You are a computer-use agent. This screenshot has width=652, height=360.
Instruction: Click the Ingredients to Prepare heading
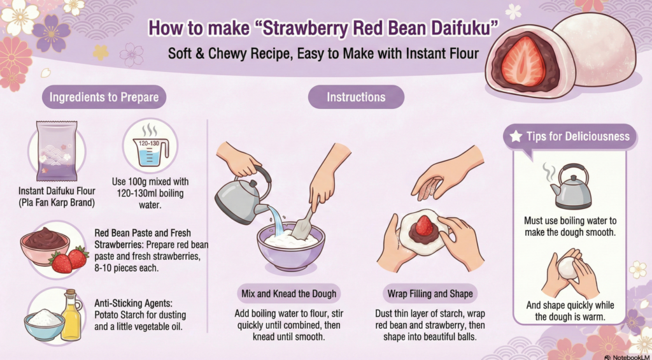pyautogui.click(x=104, y=97)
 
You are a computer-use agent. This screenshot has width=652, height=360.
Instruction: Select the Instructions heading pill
pyautogui.click(x=356, y=97)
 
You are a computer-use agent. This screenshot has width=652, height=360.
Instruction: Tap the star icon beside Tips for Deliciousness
pyautogui.click(x=516, y=136)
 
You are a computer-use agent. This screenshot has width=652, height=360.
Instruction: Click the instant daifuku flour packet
pyautogui.click(x=57, y=150)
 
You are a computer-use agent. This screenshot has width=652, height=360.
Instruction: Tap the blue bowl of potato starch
pyautogui.click(x=44, y=324)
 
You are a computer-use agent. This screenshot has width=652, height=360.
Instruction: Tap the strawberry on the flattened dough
pyautogui.click(x=424, y=225)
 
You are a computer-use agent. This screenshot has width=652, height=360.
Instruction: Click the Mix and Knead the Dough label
pyautogui.click(x=289, y=294)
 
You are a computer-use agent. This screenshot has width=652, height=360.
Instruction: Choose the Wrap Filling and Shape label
pyautogui.click(x=430, y=294)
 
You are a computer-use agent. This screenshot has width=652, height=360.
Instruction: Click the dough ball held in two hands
pyautogui.click(x=569, y=268)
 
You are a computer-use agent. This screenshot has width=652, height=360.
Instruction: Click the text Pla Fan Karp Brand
pyautogui.click(x=57, y=203)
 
